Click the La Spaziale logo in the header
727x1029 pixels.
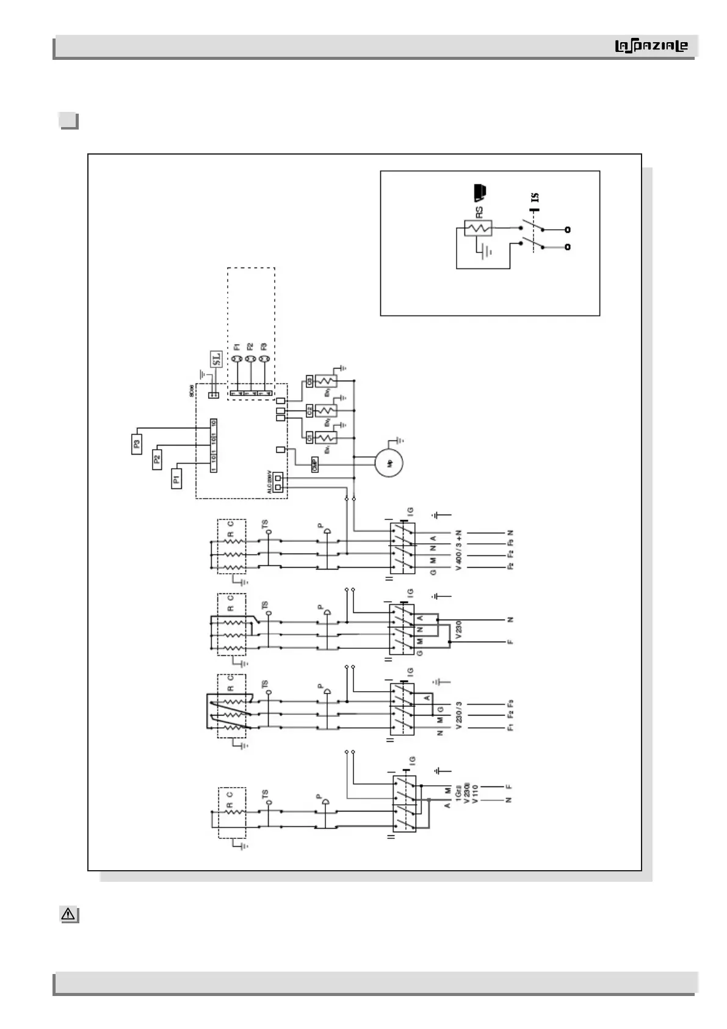click(x=651, y=46)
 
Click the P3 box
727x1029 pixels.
click(x=137, y=444)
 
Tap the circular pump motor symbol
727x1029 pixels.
click(x=390, y=463)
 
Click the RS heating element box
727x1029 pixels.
click(x=479, y=228)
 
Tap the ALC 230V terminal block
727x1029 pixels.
click(x=278, y=483)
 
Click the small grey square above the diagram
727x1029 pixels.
click(x=68, y=120)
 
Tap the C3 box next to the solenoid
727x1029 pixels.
click(x=309, y=381)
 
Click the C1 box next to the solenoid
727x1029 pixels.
click(x=309, y=438)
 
